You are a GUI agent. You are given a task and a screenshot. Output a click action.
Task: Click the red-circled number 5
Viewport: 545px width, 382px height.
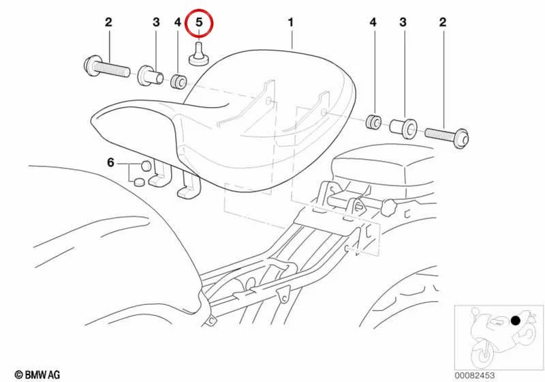[x=199, y=23]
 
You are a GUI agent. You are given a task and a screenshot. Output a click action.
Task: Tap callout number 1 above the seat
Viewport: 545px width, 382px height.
[x=291, y=23]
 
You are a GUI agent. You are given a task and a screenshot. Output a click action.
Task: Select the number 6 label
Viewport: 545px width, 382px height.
[x=110, y=162]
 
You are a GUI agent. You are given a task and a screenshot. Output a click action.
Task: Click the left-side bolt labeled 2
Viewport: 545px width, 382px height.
[x=107, y=68]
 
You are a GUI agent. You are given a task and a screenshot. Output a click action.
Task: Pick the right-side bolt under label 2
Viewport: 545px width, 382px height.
[x=447, y=136]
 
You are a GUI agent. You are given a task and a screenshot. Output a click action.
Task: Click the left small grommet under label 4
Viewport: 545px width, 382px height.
[x=178, y=81]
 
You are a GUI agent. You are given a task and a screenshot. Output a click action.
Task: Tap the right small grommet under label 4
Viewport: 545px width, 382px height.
[x=374, y=121]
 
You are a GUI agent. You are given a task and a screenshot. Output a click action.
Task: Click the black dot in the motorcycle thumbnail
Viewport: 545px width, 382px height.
[x=515, y=321]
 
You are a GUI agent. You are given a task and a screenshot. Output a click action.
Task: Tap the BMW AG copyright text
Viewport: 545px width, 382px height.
[x=37, y=374]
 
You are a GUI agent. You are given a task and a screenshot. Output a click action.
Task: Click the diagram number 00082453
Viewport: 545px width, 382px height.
[x=474, y=375]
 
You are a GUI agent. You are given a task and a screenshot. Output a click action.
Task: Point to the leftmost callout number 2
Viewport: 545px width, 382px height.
[x=108, y=23]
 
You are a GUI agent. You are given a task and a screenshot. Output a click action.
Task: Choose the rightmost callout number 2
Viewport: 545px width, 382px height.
[x=442, y=23]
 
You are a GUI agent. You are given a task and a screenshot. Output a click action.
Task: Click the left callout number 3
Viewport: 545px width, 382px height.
[x=156, y=23]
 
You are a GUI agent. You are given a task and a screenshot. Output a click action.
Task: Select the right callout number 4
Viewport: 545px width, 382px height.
[x=373, y=23]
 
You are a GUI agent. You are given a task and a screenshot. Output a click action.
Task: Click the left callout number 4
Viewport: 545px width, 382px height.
[x=178, y=23]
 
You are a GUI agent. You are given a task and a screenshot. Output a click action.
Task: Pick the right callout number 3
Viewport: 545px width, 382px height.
[x=403, y=23]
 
